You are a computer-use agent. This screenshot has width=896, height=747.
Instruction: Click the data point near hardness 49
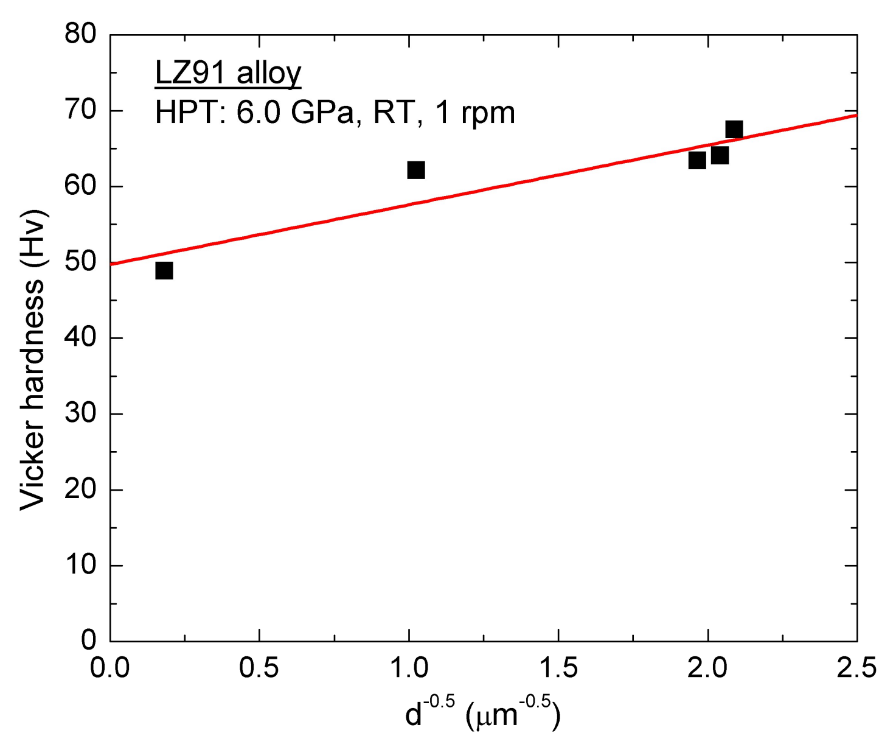click(164, 270)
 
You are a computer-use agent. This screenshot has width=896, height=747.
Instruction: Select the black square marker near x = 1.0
click(415, 170)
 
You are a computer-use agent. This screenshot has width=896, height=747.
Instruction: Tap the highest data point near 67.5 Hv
click(734, 130)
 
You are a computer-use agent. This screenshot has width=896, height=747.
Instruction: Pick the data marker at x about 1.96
click(697, 160)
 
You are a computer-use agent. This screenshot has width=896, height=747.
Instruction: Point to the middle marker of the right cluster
click(720, 156)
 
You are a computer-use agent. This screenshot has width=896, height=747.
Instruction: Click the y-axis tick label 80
click(81, 34)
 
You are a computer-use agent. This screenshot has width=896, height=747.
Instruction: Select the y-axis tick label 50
click(81, 262)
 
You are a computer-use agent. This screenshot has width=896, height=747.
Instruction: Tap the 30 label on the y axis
click(81, 413)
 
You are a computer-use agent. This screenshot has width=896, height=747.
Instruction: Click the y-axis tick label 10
click(81, 565)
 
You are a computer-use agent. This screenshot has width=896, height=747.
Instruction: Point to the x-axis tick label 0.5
click(259, 668)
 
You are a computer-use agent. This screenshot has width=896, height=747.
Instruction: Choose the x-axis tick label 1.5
click(558, 668)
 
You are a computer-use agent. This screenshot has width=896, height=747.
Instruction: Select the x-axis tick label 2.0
click(707, 668)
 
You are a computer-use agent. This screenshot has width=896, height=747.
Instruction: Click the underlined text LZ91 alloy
click(228, 73)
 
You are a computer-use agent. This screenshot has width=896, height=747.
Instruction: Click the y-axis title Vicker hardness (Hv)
click(33, 359)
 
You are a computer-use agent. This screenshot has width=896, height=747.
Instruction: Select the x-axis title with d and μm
click(482, 714)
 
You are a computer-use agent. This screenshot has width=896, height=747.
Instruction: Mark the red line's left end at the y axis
click(111, 264)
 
